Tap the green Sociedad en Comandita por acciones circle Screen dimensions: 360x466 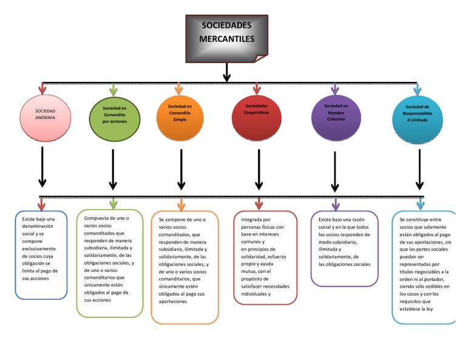[x=114, y=115]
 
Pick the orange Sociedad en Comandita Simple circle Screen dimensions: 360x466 [x=180, y=114]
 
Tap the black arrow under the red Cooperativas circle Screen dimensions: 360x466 [x=258, y=169]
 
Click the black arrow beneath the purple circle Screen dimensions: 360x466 [x=334, y=172]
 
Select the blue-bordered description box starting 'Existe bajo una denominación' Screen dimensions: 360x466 [x=41, y=254]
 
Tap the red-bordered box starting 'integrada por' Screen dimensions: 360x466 [x=265, y=257]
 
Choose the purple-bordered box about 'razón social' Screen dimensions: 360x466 [x=345, y=248]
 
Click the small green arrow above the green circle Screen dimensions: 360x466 [x=113, y=90]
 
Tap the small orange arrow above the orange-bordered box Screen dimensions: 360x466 [x=181, y=203]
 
